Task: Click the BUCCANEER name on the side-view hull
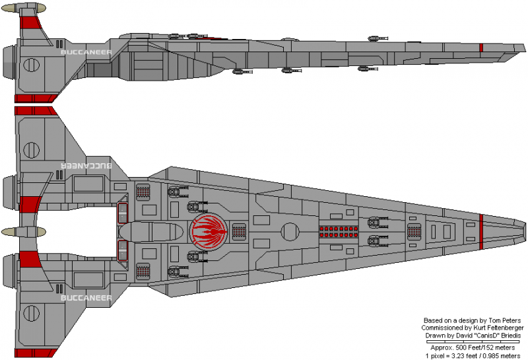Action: point(85,50)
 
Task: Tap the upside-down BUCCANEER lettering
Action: point(86,164)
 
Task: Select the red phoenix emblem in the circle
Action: point(208,232)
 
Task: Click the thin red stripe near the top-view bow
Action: point(481,232)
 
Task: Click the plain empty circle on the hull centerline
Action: point(289,232)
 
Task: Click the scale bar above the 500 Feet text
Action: point(474,342)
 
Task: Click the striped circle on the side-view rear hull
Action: point(31,65)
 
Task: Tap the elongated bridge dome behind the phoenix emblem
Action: point(153,232)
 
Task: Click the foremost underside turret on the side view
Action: point(362,68)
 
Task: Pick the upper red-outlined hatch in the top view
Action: point(122,213)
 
